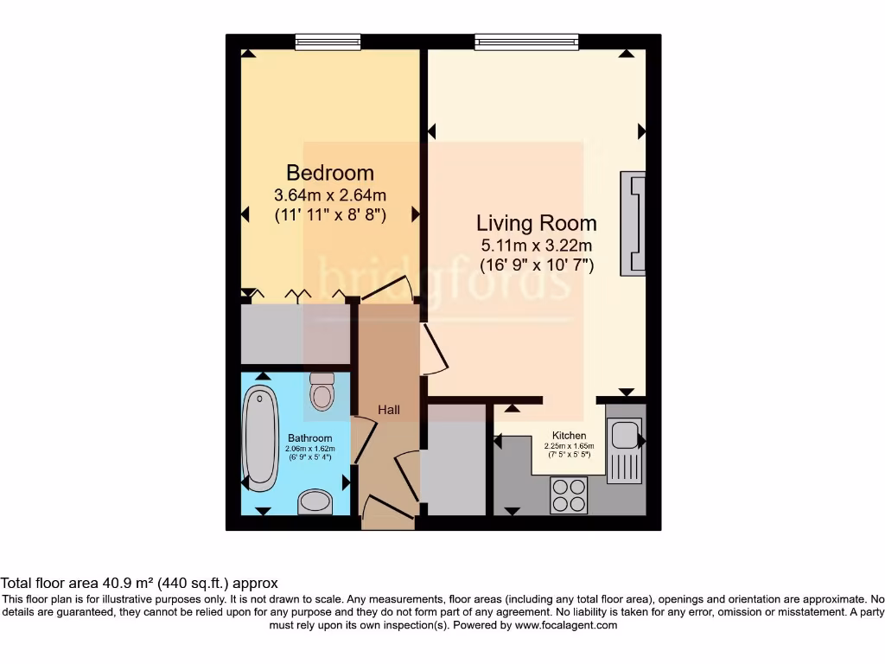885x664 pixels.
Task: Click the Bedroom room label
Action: click(330, 173)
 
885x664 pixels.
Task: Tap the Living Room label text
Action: click(536, 224)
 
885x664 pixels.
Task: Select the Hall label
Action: click(388, 410)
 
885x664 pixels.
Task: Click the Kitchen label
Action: click(570, 436)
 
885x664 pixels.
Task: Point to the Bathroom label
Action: click(310, 438)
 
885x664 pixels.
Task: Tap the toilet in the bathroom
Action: click(322, 392)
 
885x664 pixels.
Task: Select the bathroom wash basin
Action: click(315, 502)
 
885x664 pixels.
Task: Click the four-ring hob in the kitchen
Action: click(569, 495)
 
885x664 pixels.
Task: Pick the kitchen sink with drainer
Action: click(622, 450)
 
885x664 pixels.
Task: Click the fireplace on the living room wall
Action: click(634, 224)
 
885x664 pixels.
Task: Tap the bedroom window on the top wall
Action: click(328, 41)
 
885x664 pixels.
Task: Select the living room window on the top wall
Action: click(525, 41)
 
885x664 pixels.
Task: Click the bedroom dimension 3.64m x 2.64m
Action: click(330, 195)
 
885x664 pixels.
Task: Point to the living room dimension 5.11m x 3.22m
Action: click(536, 246)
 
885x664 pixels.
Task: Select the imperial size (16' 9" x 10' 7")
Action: click(537, 265)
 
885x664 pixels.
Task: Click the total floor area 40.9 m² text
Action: click(139, 584)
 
